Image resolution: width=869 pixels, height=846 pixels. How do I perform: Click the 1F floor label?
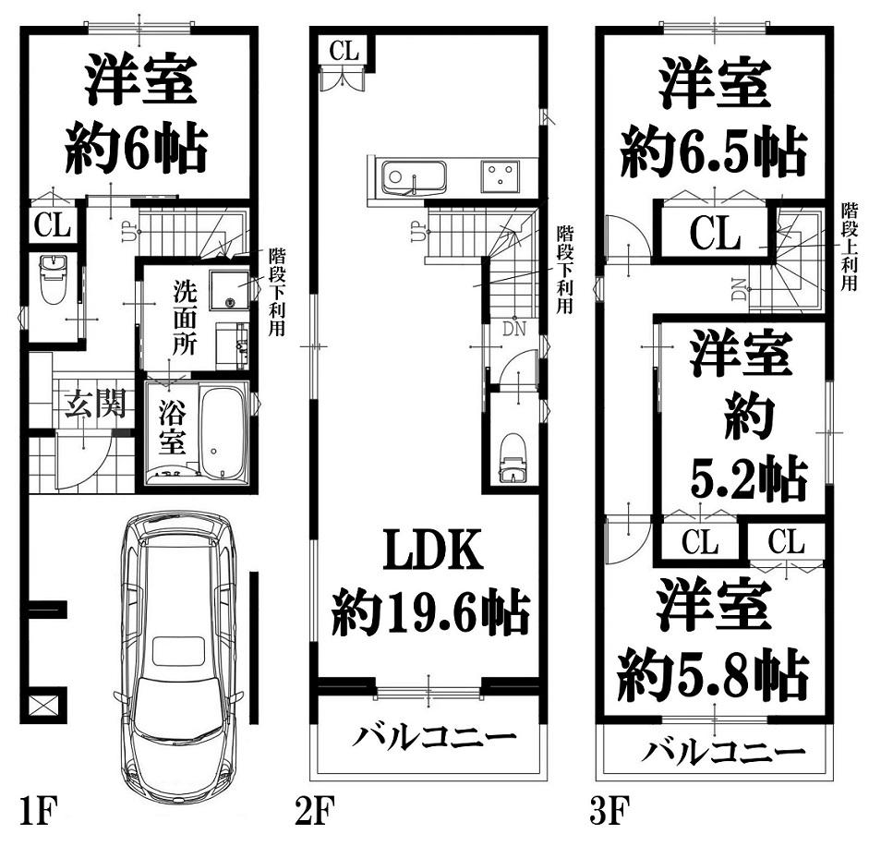point(38,811)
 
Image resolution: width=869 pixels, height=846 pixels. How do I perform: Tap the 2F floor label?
point(315,811)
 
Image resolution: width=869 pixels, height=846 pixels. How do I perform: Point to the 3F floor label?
point(610,811)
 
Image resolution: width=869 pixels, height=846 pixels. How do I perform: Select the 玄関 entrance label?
point(95,403)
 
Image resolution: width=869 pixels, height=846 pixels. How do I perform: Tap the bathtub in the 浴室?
point(223,433)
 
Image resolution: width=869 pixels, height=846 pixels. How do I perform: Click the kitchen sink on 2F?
point(412,177)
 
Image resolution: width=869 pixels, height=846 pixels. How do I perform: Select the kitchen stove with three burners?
point(501,176)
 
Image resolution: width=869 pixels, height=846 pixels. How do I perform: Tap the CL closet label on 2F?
point(344,51)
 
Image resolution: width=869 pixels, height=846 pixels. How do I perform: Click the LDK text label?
point(433,550)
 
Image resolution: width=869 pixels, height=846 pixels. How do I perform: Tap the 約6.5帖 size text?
point(713,151)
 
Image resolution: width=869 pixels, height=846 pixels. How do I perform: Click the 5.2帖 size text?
point(748,477)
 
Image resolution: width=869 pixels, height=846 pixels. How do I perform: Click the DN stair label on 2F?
point(513,330)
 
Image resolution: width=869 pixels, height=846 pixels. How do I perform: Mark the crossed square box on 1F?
point(43,707)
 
